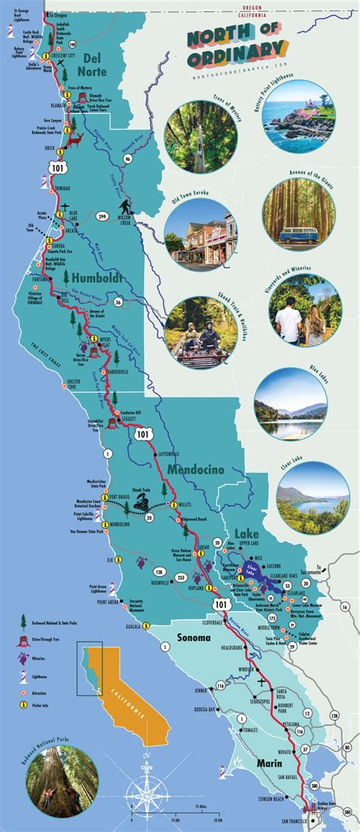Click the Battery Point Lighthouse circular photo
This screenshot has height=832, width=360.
click(x=289, y=113)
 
